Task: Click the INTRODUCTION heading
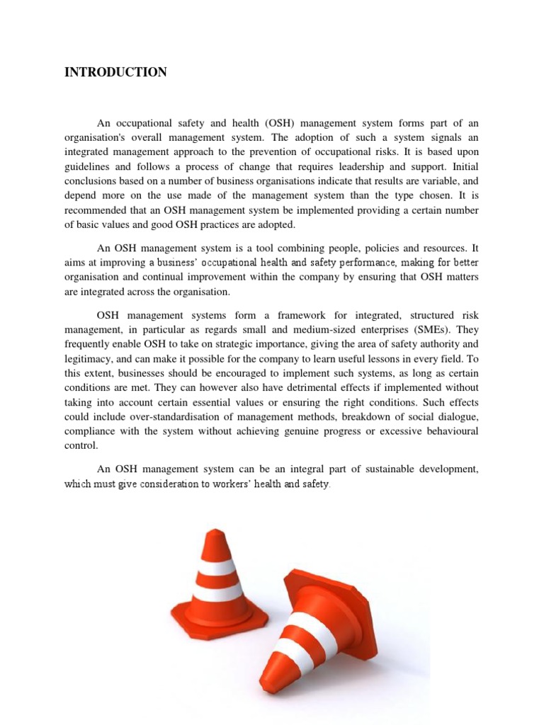pos(115,72)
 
